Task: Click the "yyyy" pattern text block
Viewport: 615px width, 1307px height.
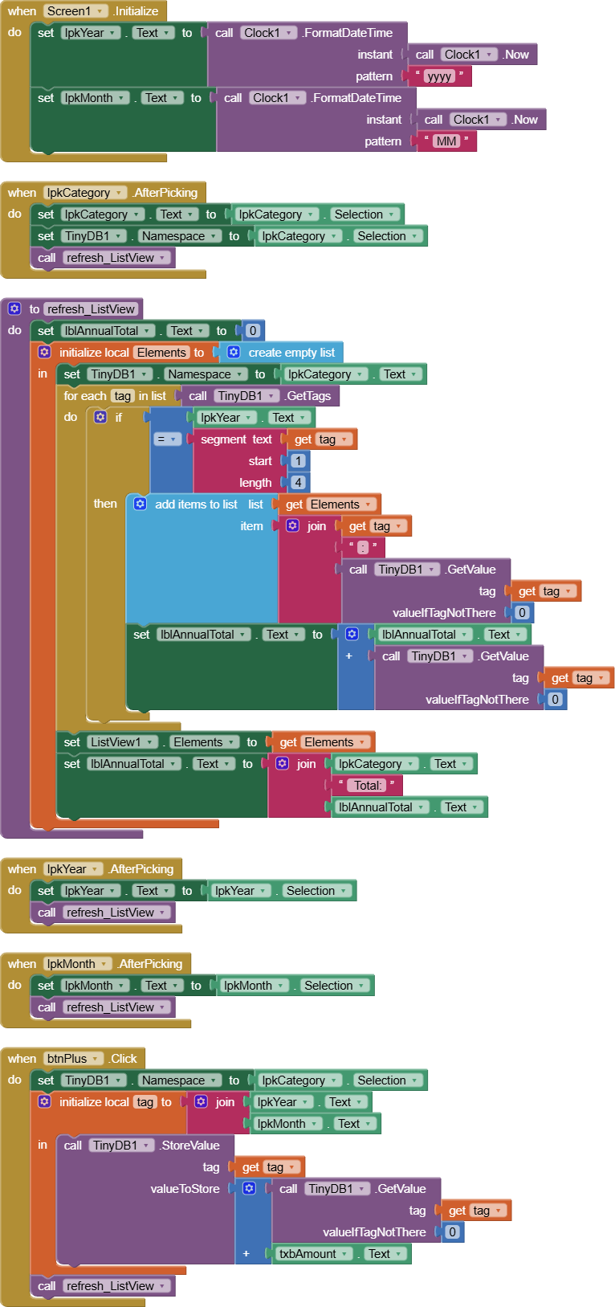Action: [x=439, y=76]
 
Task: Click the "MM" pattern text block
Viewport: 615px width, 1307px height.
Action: [x=446, y=141]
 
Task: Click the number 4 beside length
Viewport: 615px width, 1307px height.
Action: [x=298, y=483]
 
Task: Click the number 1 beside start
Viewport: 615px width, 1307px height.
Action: [x=298, y=461]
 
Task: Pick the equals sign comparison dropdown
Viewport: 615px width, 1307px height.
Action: [x=167, y=439]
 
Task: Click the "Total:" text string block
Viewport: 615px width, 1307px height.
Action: [x=367, y=786]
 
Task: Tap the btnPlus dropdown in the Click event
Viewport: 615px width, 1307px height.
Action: [x=73, y=1059]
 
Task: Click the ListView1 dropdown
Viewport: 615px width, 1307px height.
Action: [x=122, y=742]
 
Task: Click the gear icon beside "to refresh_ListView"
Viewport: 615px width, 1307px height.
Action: [x=14, y=308]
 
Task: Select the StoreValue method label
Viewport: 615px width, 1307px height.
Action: [x=190, y=1146]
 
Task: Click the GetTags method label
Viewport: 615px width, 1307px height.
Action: [x=308, y=396]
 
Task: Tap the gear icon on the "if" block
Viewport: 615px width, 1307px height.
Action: [x=100, y=417]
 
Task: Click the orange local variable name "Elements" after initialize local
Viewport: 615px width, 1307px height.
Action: [x=161, y=353]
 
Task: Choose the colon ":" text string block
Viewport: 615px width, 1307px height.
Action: [x=363, y=547]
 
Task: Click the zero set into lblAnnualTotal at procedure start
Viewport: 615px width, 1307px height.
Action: [x=253, y=331]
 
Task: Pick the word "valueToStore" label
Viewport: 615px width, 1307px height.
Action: [x=185, y=1189]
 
